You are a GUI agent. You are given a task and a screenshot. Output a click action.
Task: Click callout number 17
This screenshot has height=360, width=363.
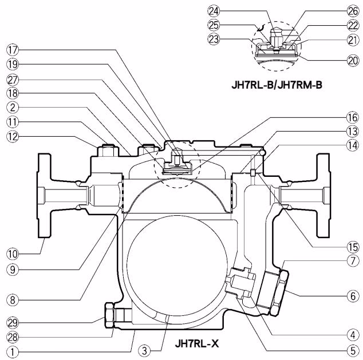(13, 50)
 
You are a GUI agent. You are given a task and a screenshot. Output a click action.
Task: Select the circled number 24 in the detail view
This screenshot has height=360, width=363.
(214, 11)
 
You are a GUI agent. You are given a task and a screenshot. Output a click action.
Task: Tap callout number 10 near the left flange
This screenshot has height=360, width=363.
(13, 254)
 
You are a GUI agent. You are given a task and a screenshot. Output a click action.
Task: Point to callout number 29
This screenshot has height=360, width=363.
(13, 323)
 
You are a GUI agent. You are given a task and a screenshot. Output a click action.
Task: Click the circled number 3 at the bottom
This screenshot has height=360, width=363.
(144, 351)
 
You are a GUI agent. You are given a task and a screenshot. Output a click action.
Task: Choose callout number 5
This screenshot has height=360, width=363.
(353, 351)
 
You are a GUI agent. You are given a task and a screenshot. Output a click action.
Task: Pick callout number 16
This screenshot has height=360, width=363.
(353, 118)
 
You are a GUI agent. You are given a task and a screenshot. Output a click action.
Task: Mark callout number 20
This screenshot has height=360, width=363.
(353, 61)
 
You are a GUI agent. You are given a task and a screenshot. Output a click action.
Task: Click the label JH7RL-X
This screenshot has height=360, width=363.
(197, 343)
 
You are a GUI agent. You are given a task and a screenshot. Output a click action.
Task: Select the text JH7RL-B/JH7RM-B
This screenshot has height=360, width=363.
(277, 85)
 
